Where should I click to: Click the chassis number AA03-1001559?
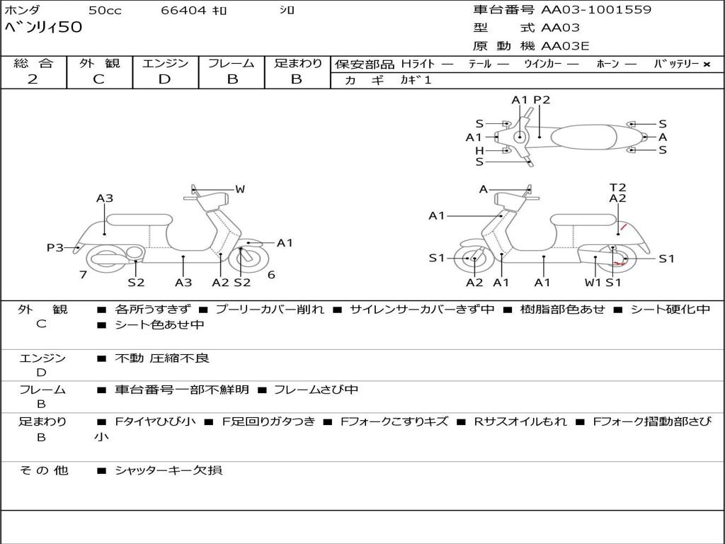click(x=596, y=10)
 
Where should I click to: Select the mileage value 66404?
click(x=183, y=11)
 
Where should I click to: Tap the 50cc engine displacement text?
click(x=104, y=11)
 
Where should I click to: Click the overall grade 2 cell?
click(x=33, y=79)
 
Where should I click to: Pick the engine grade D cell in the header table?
click(x=164, y=79)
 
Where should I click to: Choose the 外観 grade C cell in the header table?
click(x=99, y=79)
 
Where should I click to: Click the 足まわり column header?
click(x=297, y=63)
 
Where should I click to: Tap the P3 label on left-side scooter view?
click(x=55, y=247)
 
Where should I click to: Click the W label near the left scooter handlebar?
click(x=240, y=189)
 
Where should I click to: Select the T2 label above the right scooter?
click(x=617, y=188)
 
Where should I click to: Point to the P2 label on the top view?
click(x=542, y=100)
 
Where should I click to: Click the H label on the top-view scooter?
click(x=479, y=150)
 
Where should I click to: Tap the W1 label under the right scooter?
click(x=593, y=282)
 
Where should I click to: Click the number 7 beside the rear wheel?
click(x=83, y=275)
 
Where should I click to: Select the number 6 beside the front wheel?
click(x=271, y=275)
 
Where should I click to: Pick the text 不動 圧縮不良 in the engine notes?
click(x=162, y=358)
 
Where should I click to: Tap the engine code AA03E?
click(x=565, y=47)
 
